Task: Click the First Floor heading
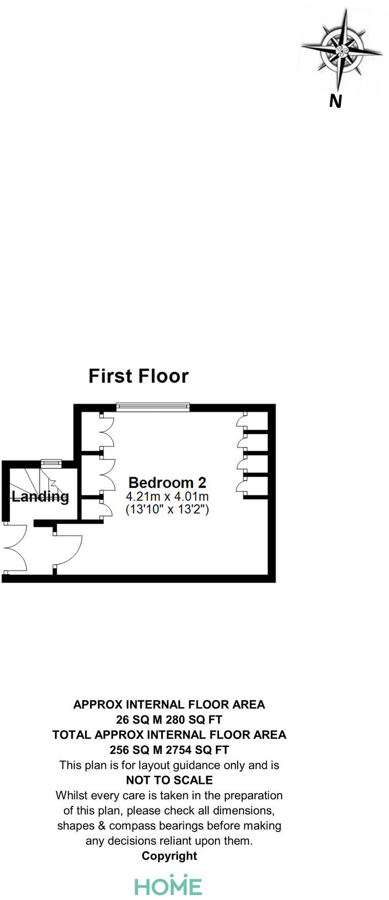[138, 376]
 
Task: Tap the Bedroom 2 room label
[167, 482]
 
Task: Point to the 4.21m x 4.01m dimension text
[167, 496]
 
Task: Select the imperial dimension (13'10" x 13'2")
[167, 509]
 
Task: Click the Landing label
[40, 496]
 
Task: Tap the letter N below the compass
[335, 102]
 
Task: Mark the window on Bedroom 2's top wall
[153, 407]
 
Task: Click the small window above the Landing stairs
[51, 463]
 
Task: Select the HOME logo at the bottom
[168, 886]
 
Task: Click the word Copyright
[169, 856]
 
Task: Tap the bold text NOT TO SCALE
[169, 780]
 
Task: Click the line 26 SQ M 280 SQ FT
[169, 720]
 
